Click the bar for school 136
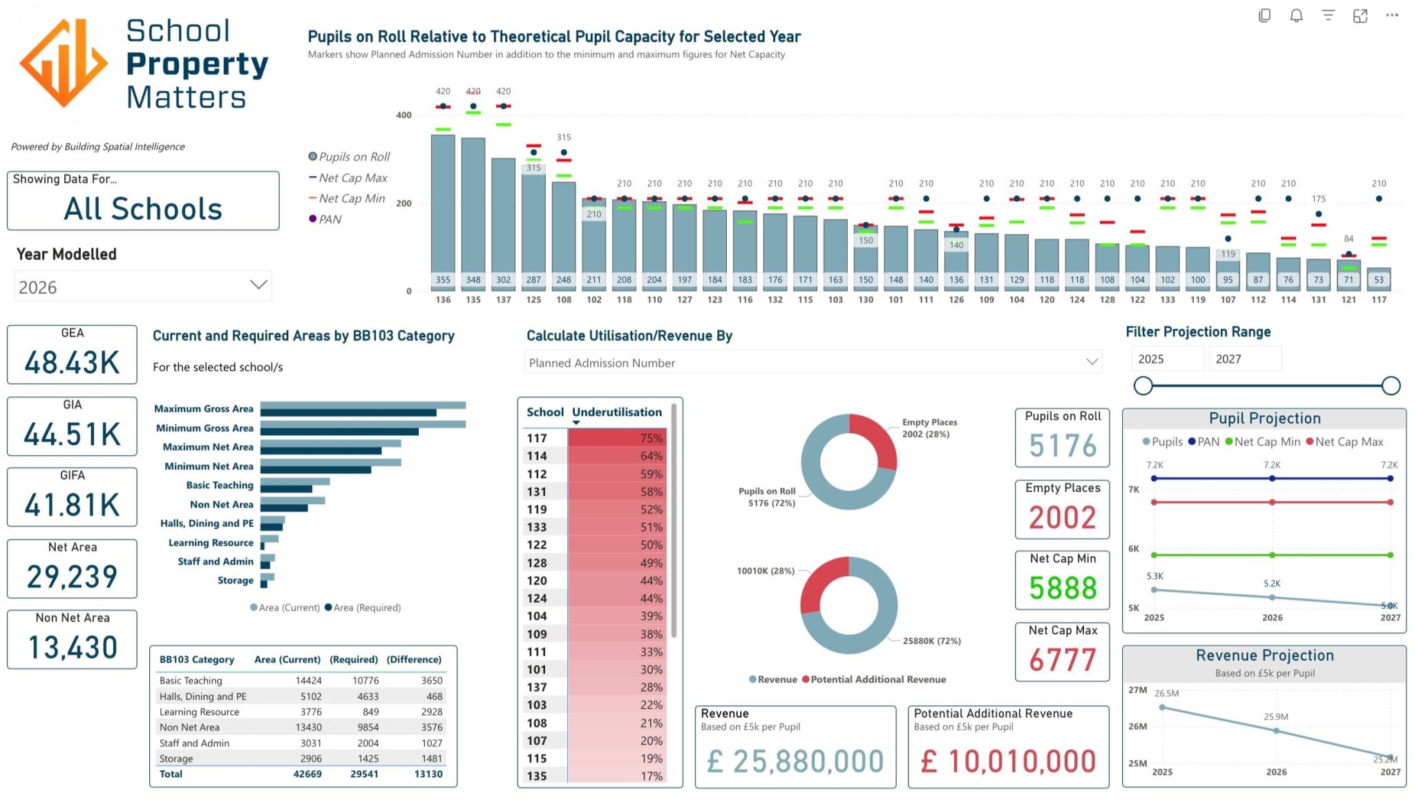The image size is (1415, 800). coord(443,213)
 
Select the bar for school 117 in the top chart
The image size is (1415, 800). coord(1378,279)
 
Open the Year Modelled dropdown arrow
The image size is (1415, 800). coord(258,285)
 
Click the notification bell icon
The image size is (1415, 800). coord(1296,15)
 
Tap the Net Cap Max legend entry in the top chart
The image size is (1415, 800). coord(348,178)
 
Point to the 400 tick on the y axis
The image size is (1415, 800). coord(403,115)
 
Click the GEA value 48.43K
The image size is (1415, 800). coord(72,363)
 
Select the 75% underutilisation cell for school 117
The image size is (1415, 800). coord(617,438)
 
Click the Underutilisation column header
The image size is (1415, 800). coord(617,412)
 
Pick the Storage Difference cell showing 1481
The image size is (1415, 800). coord(432,759)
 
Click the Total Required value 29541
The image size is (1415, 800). coord(364,774)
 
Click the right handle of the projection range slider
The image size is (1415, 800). coord(1391,385)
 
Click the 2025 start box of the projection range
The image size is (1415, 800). coord(1168,359)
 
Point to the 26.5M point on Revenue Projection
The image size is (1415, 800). coord(1162,707)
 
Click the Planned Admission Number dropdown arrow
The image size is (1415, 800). coord(1092,361)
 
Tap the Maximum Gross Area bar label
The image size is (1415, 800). coord(204,408)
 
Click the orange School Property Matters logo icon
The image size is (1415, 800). coord(64,63)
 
